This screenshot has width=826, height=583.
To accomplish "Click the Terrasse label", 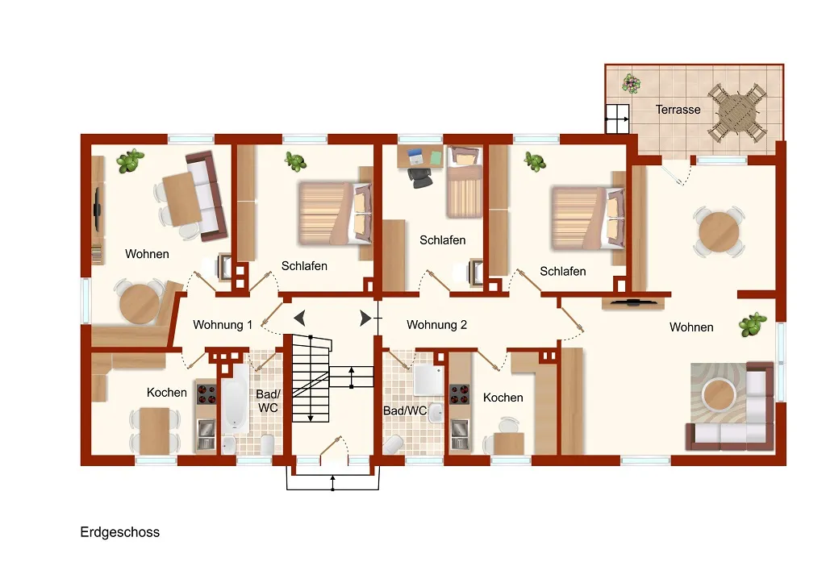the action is point(678,110).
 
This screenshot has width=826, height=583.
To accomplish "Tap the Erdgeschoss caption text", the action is point(119,532).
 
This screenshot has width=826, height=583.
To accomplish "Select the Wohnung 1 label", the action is point(223,325).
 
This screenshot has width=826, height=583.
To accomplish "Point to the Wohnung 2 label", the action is point(436,325).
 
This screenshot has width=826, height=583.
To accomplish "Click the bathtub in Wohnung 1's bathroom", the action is point(235,398).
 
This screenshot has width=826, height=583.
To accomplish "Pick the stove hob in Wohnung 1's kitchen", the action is point(206,394).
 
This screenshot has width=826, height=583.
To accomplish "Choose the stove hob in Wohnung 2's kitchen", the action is point(459,395).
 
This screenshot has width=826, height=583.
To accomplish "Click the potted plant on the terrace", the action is point(631,83).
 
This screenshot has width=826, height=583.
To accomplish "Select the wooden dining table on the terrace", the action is point(736,111).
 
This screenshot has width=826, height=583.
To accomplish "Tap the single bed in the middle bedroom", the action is point(464,182).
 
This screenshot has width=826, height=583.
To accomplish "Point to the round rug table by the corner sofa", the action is point(719,395).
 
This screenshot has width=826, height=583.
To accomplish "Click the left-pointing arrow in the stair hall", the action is point(300,318).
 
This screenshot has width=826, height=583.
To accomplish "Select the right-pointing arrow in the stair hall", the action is point(365,318).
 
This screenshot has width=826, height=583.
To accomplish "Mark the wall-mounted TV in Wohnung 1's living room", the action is point(98,210).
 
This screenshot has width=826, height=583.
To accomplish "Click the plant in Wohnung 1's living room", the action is point(130,160).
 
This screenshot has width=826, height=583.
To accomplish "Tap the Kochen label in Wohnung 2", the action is point(503,398).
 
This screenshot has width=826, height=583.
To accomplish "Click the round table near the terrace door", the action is point(719,231).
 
